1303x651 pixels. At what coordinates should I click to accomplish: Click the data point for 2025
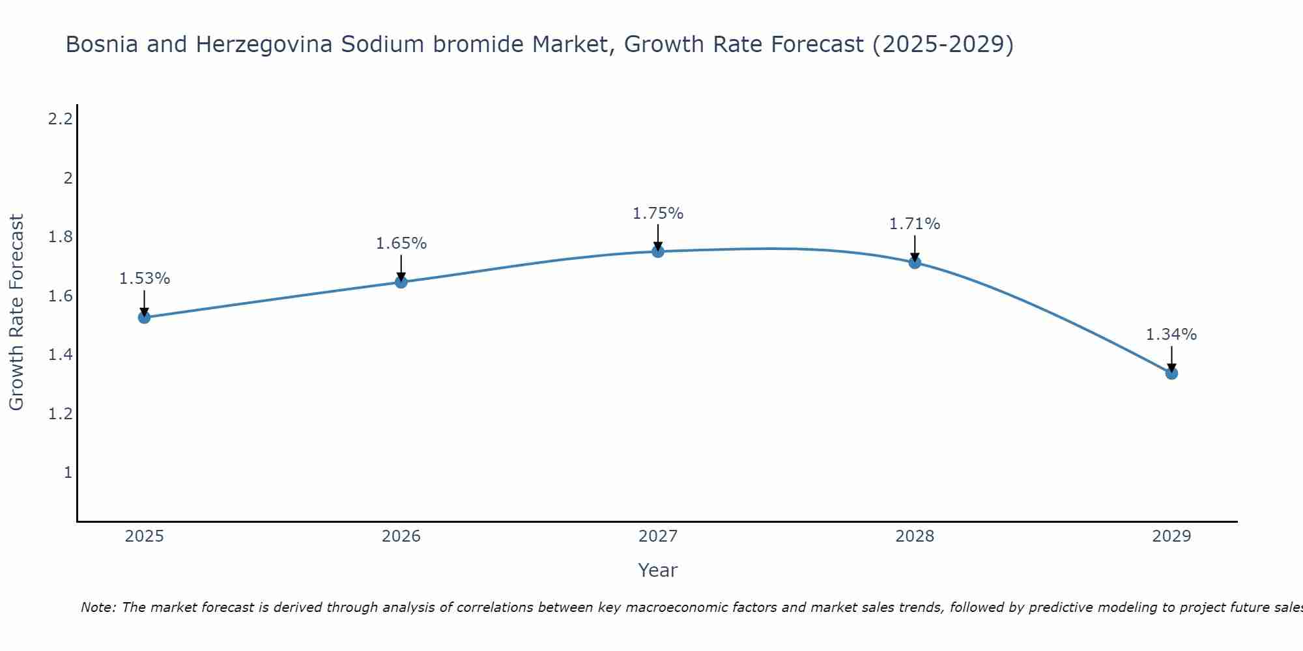tap(144, 318)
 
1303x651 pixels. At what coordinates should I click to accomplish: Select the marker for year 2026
tap(401, 282)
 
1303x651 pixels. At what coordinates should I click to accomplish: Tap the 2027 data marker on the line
tap(658, 251)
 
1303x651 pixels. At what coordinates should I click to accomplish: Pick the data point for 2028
tap(915, 262)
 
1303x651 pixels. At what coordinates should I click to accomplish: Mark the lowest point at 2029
tap(1171, 373)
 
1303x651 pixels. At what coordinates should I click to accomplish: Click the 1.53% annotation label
tap(144, 279)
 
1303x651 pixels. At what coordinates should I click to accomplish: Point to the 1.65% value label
tap(401, 243)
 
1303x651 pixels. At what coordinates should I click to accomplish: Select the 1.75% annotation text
tap(658, 214)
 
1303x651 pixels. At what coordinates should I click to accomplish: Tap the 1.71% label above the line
tap(915, 224)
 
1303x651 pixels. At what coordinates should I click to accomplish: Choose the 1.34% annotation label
tap(1171, 335)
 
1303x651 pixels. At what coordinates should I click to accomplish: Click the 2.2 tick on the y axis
tap(61, 119)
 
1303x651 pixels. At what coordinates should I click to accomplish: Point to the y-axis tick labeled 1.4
tap(61, 355)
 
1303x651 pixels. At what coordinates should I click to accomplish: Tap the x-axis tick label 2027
tap(658, 536)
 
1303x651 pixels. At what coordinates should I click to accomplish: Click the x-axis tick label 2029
tap(1171, 536)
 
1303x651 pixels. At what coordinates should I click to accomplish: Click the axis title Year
tap(658, 570)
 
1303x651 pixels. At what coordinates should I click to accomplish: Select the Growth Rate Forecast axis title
tap(17, 312)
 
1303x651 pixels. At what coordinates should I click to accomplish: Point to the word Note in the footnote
tap(98, 608)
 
